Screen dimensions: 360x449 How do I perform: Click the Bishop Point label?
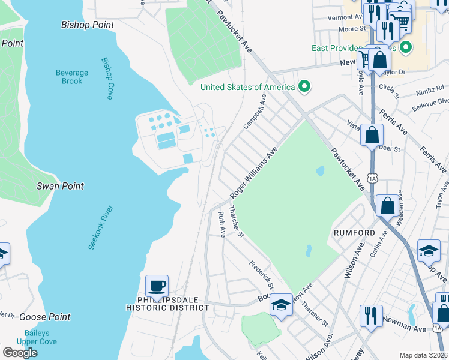[88, 25]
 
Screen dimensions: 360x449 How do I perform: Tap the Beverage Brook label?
[72, 77]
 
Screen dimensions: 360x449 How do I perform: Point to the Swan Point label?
[60, 186]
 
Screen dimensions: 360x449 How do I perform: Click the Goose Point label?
[44, 317]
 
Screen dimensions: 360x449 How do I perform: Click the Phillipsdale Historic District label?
[167, 303]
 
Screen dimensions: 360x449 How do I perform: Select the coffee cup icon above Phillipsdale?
[157, 286]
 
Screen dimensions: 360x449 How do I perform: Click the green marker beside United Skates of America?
[304, 87]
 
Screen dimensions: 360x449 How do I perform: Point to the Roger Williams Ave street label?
[254, 173]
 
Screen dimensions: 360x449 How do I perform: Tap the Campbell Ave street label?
[254, 110]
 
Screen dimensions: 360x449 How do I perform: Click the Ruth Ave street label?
[222, 224]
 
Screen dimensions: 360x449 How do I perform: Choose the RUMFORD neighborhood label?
[354, 232]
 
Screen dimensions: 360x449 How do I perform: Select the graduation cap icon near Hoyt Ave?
[281, 305]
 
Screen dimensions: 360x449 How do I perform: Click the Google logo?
[20, 352]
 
